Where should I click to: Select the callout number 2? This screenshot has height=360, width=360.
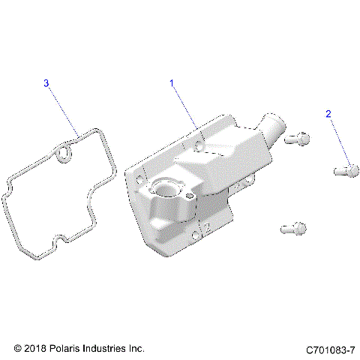click(x=328, y=113)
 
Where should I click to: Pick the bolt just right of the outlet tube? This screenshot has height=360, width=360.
click(x=299, y=137)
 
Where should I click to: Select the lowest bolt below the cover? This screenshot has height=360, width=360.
click(x=292, y=226)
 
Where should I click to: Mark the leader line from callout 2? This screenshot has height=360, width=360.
click(x=335, y=142)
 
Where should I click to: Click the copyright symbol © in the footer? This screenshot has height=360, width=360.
click(x=18, y=349)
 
